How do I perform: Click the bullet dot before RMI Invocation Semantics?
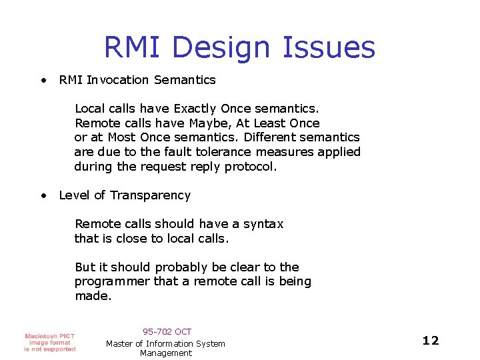point(43,80)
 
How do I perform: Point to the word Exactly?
point(195,108)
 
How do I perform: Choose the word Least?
point(271,123)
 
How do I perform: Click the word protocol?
point(251,167)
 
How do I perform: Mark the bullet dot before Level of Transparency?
point(43,195)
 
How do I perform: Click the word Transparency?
point(150,195)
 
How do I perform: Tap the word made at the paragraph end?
point(92,296)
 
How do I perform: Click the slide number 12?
point(431,341)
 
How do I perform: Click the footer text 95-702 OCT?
point(167,331)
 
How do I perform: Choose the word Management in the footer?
point(166,353)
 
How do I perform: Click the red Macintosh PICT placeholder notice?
point(50,342)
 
